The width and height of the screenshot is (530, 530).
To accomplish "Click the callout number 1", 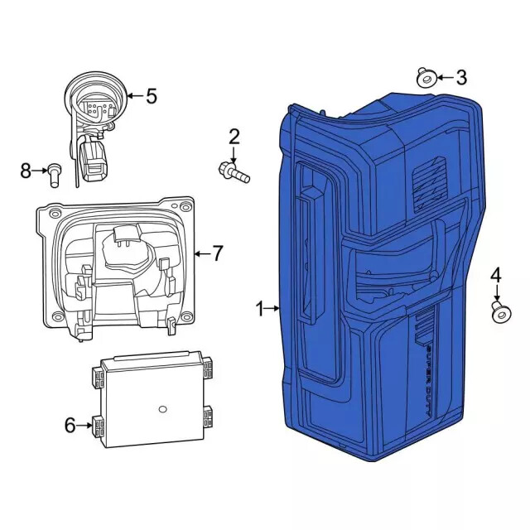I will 259,309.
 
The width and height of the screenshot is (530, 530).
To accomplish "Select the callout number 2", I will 234,137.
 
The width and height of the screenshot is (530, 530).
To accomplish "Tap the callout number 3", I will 461,78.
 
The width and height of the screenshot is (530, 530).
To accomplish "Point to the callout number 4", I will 496,275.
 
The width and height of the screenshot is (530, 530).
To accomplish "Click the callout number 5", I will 151,96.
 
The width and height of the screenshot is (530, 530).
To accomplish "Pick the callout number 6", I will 70,426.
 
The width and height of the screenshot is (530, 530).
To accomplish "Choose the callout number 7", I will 217,253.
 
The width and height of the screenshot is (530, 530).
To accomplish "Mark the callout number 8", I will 26,171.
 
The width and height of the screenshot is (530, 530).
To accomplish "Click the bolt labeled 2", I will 234,172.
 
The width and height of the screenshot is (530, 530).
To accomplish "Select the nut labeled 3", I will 426,79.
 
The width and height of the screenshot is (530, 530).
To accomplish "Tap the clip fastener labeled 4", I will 499,312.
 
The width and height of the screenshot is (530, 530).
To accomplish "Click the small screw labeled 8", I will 55,171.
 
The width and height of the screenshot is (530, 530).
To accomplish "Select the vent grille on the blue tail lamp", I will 428,179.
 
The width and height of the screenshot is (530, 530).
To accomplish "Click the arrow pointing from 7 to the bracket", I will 201,253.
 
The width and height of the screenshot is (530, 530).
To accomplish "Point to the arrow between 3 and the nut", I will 444,78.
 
